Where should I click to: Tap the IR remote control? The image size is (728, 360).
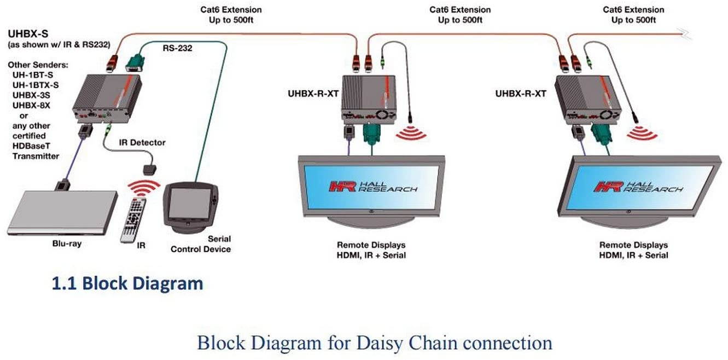click(x=133, y=219)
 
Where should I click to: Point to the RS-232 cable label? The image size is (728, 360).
click(x=177, y=48)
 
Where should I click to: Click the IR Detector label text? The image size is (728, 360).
click(x=142, y=142)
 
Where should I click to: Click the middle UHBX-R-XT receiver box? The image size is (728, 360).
click(x=368, y=98)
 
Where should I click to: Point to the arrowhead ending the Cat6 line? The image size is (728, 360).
click(x=686, y=36)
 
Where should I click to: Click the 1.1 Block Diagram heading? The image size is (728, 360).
click(x=127, y=283)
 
